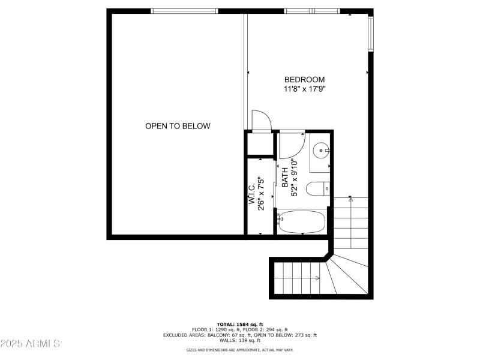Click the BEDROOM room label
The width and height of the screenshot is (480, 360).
(304, 80)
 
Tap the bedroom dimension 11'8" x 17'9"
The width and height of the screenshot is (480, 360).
(304, 89)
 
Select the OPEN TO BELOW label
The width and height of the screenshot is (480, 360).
(178, 126)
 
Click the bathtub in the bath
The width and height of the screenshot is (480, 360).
(302, 222)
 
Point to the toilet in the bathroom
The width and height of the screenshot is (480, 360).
(317, 189)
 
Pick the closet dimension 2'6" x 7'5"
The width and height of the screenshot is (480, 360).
(261, 193)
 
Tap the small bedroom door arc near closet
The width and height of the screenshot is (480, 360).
(262, 121)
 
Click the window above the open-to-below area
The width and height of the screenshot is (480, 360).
(184, 11)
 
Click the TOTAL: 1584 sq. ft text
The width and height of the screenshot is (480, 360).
(240, 324)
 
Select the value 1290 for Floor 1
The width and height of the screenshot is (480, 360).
(224, 329)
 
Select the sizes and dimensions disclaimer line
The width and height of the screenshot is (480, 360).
(240, 349)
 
